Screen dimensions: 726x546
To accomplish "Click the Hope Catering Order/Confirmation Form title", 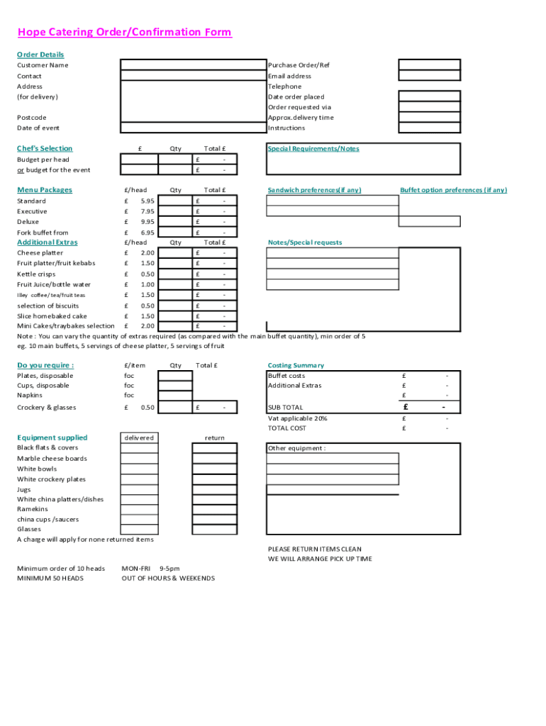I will click(125, 33).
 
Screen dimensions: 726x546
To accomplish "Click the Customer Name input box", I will click(192, 65).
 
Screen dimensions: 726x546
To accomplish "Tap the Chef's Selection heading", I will click(45, 148).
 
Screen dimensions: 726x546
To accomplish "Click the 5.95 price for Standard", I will click(147, 201).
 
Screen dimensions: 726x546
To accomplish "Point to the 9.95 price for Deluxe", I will click(147, 222).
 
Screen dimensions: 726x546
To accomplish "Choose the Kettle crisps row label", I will click(36, 274).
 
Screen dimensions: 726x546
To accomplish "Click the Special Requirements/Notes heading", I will click(313, 149).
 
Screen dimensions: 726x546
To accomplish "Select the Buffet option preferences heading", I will click(453, 190).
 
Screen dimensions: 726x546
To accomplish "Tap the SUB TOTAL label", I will click(285, 408).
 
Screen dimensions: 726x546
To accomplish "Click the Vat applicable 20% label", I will click(297, 418).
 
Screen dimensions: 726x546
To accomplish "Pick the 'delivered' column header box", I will click(139, 437).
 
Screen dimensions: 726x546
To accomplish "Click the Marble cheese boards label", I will click(52, 459).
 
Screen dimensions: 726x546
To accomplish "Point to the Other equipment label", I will click(296, 448).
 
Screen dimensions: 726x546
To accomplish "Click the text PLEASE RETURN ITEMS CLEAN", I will click(314, 549).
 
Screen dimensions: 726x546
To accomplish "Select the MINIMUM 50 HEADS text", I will click(50, 579).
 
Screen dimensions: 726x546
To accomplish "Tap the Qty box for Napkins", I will click(174, 396).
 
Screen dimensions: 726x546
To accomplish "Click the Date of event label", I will click(38, 128).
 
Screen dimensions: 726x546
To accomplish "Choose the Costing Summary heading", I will click(296, 365).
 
